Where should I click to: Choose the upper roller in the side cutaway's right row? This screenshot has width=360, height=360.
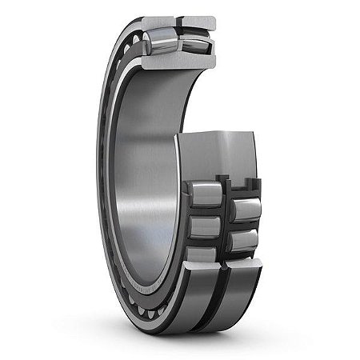tap(244, 210)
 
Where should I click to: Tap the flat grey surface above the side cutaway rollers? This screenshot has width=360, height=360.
tap(216, 156)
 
